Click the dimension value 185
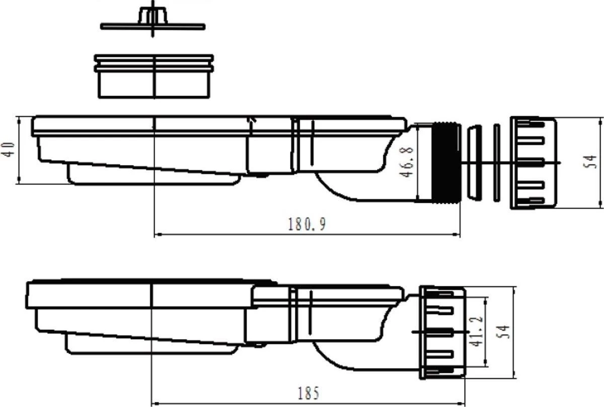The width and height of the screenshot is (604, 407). tap(308, 393)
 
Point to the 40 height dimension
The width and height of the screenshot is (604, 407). tap(8, 149)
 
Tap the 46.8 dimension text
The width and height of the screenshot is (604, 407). tap(406, 161)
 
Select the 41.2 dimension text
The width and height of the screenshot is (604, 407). tap(476, 332)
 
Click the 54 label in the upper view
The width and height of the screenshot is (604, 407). tap(590, 161)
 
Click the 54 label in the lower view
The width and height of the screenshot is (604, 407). tap(503, 332)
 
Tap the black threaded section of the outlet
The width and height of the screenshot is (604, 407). tap(445, 162)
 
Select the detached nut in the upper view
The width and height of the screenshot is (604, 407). tap(534, 163)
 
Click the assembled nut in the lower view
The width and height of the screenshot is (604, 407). tap(442, 333)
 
